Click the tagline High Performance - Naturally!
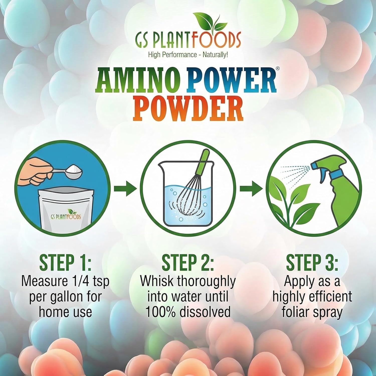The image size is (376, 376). [188, 54]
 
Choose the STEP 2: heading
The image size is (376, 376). [188, 262]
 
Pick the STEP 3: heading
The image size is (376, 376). [312, 262]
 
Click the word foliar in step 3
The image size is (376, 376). [297, 312]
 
